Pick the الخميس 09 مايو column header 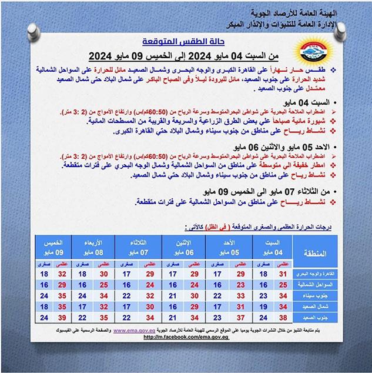[54, 247]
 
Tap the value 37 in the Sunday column [240, 319]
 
